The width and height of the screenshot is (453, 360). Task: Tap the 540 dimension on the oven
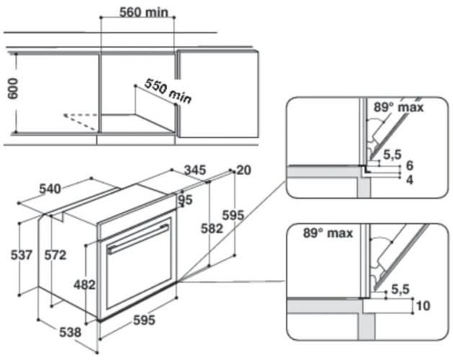50,189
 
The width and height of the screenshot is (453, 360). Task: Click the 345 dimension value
194,171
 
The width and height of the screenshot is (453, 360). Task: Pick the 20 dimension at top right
243,170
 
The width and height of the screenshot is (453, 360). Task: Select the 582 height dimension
210,229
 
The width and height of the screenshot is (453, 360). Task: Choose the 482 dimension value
84,284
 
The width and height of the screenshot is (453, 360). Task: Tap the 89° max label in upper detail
398,108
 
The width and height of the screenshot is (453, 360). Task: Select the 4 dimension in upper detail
409,178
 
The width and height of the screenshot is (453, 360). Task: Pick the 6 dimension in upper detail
409,165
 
